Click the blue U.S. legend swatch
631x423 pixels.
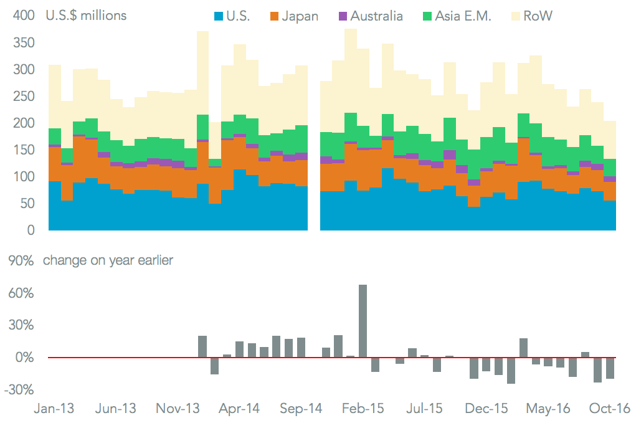218,16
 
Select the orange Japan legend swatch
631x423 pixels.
273,16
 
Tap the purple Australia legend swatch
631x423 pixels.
343,16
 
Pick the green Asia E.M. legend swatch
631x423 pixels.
427,16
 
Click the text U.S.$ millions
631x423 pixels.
86,16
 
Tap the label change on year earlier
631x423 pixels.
108,260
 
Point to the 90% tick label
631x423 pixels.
20,261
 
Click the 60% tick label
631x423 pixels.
20,293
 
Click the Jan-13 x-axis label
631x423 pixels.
54,409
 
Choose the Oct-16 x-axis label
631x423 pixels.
610,409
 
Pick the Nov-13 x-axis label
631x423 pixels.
179,409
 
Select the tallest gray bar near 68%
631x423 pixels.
363,321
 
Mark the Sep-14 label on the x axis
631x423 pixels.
301,409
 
